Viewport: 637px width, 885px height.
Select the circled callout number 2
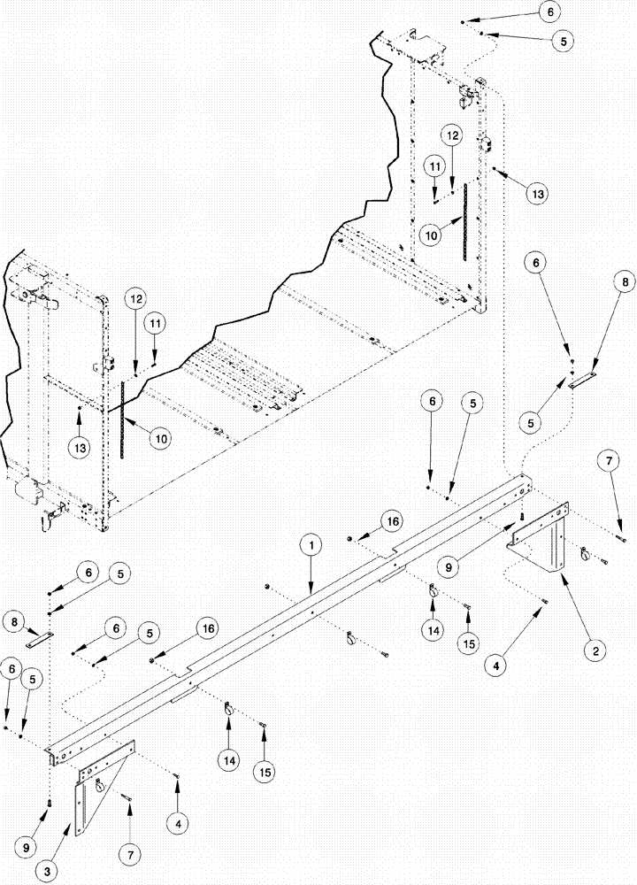coord(596,650)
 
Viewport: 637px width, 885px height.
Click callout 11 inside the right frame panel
coord(434,165)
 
